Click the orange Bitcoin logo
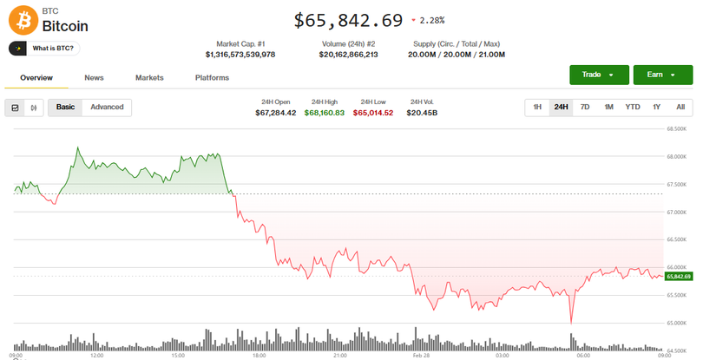(x=23, y=18)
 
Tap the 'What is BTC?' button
(x=44, y=49)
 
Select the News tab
(x=94, y=78)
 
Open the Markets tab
(x=149, y=78)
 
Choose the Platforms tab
(x=212, y=78)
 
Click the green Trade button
(x=599, y=75)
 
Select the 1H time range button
(x=537, y=107)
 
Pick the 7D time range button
(x=585, y=107)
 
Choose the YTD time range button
(x=633, y=107)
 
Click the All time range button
(x=680, y=107)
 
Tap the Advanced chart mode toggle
(x=107, y=107)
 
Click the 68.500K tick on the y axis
(x=676, y=128)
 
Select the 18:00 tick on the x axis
(x=259, y=355)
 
